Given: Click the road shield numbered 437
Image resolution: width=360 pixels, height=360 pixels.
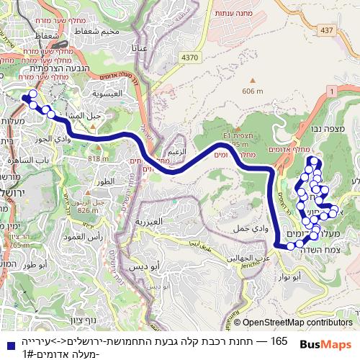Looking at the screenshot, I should [328, 30].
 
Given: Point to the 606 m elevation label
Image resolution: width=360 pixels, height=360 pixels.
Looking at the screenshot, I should [253, 91].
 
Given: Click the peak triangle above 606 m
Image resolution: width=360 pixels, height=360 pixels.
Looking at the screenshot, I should [252, 81].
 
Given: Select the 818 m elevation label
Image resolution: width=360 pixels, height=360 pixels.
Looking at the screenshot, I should [98, 158].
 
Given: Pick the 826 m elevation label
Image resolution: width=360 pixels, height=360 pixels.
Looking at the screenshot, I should [88, 210].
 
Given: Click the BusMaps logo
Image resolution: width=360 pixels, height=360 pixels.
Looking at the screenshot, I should [325, 345].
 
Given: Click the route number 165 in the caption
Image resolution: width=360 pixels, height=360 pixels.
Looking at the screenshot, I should [279, 341].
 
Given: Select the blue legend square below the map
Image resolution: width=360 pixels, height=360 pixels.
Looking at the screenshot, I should [7, 345].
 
